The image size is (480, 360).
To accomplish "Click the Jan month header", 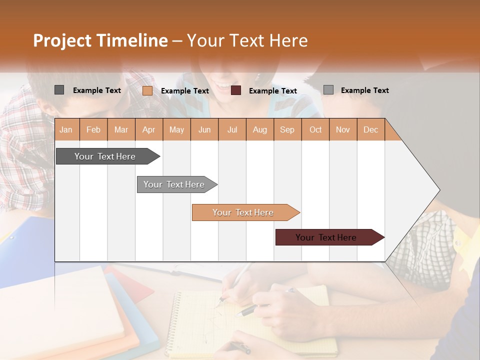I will click(66, 129).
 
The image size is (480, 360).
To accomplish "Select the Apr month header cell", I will click(149, 129).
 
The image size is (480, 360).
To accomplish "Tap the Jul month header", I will click(232, 129).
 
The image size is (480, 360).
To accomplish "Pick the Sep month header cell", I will click(287, 129).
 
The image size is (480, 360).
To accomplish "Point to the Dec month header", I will click(370, 129).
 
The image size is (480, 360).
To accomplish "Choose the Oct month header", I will click(315, 129).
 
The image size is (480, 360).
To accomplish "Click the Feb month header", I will click(93, 129).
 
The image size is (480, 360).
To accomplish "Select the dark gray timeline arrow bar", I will click(105, 156).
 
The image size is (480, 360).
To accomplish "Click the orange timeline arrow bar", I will click(243, 212).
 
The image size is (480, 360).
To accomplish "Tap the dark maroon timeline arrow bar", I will click(326, 237).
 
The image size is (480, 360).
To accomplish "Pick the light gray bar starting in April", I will click(174, 184).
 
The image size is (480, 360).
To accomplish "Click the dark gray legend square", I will click(59, 90).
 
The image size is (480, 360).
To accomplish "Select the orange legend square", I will click(147, 90).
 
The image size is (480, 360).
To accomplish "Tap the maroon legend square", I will click(236, 90).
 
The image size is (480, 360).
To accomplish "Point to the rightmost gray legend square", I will click(328, 90).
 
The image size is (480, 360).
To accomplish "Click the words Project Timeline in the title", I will click(100, 40).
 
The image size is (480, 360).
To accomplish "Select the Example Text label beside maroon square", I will click(273, 91).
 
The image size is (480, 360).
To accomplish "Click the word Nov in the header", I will click(343, 129).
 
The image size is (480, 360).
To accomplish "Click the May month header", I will click(176, 129).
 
